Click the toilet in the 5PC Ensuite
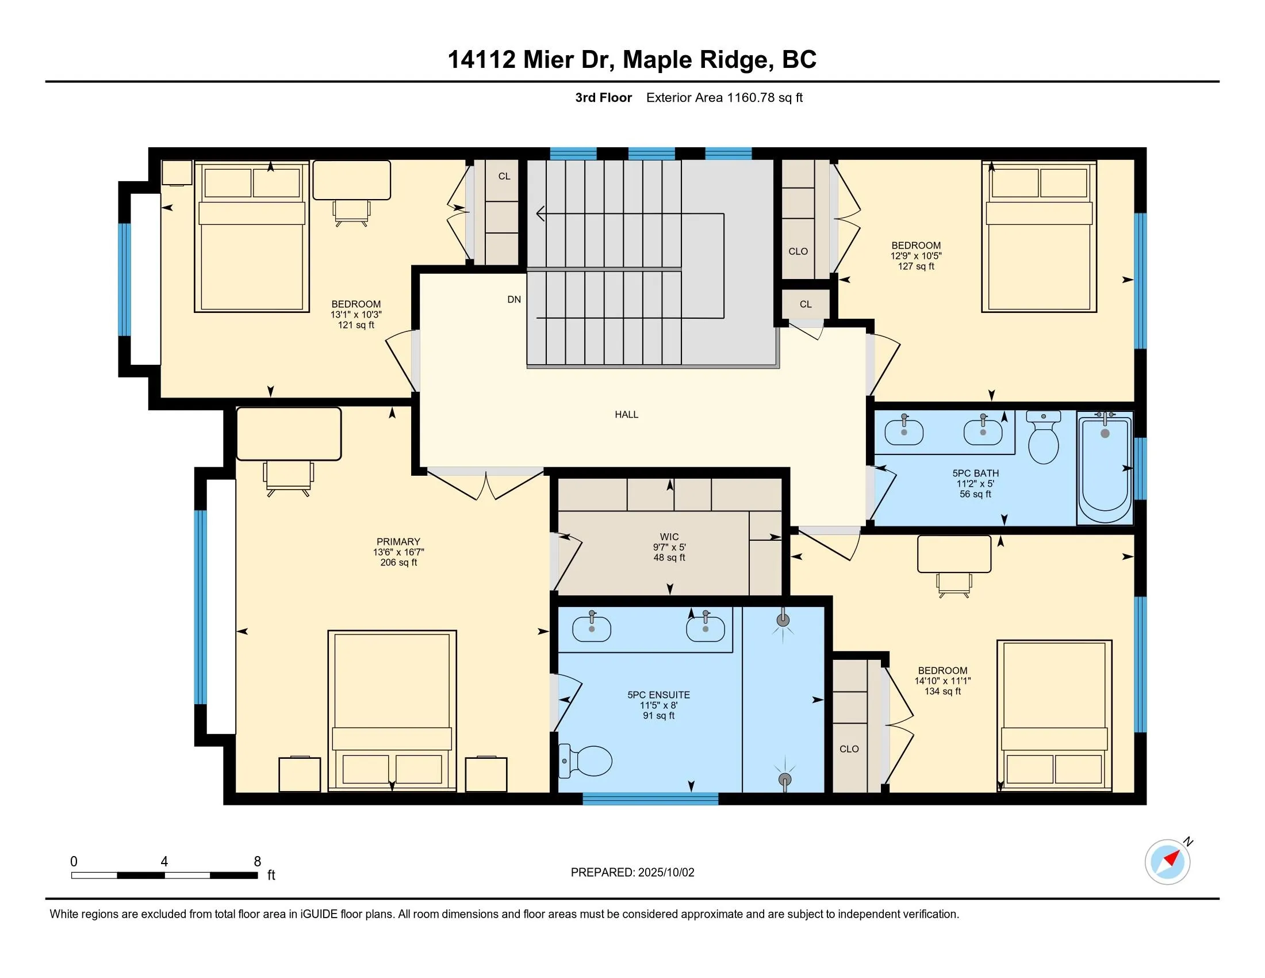(x=587, y=761)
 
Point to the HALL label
(x=626, y=414)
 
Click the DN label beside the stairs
(x=513, y=300)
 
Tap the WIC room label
(x=669, y=537)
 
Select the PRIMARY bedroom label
(x=398, y=542)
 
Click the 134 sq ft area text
(x=942, y=691)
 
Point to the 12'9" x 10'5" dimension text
(x=916, y=256)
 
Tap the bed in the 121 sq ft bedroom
(x=251, y=238)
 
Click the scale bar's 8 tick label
(x=257, y=862)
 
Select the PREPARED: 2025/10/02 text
(x=632, y=873)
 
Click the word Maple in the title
(x=658, y=60)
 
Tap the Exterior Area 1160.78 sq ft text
(x=724, y=98)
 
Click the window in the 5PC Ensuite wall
(x=650, y=799)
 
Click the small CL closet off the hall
(x=806, y=305)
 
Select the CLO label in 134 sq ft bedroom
(x=849, y=749)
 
